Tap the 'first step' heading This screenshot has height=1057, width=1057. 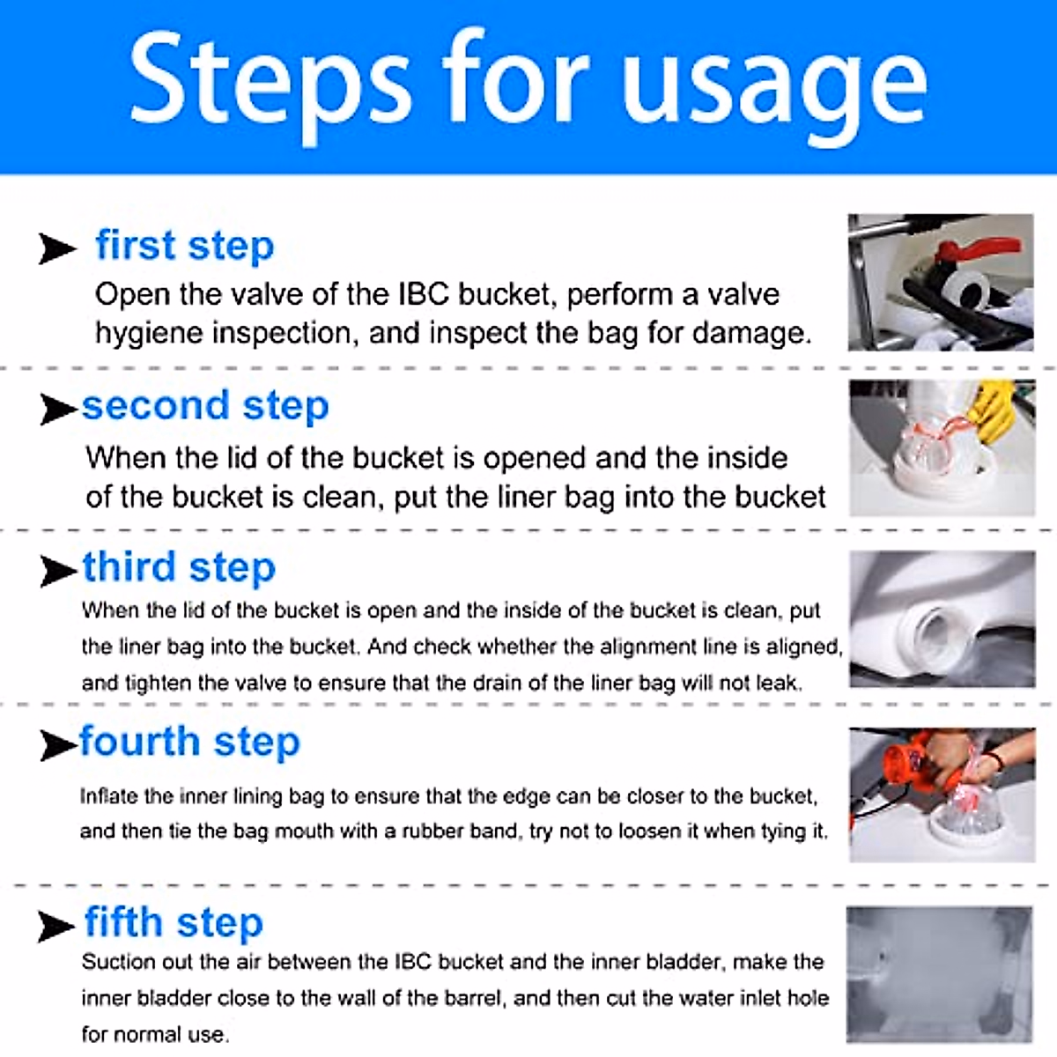[x=185, y=246]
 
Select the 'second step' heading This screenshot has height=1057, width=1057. [x=205, y=406]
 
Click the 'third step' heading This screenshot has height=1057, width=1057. [x=179, y=567]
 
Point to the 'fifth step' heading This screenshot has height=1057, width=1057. [x=174, y=922]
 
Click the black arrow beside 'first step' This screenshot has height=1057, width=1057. [x=57, y=248]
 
